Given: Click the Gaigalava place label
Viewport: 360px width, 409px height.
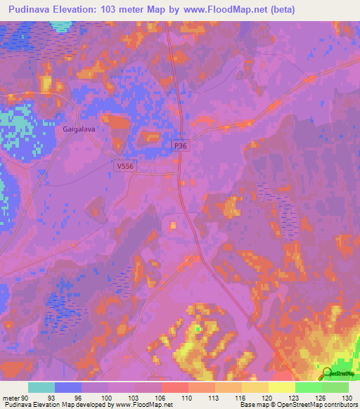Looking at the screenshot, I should pos(79,129).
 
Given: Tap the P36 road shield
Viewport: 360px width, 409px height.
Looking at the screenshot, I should pos(181,145).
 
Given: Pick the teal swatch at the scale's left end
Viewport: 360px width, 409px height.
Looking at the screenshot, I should pos(41,387).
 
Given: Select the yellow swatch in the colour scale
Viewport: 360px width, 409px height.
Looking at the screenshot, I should pos(281,387).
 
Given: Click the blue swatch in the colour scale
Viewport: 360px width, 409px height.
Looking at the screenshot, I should pos(68,387).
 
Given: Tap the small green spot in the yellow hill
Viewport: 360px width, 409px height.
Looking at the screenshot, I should pos(199,328).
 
